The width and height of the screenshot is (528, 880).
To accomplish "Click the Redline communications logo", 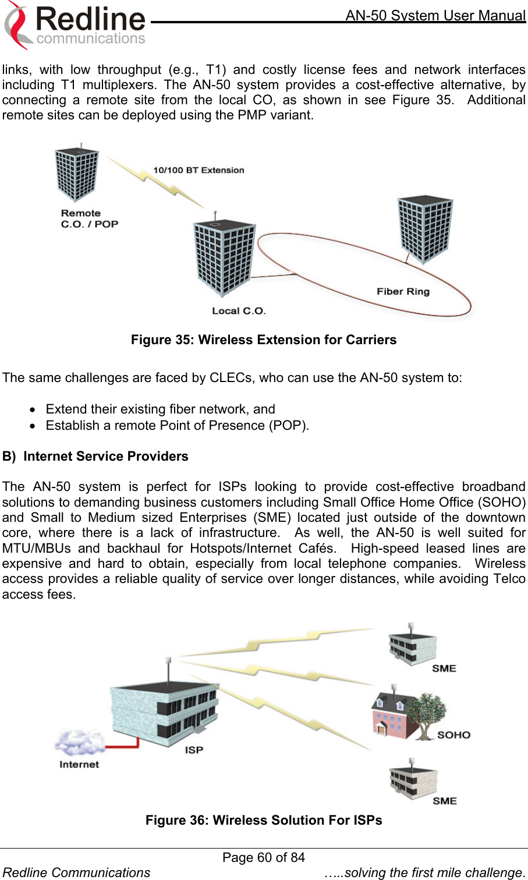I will click(x=76, y=24).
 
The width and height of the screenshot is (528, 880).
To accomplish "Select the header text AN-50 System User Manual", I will click(x=435, y=15).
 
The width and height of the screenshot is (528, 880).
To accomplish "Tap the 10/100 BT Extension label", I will click(x=199, y=170).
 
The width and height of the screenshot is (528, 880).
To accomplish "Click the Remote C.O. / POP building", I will click(x=76, y=174).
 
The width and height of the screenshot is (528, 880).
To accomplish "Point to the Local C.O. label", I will click(x=239, y=311).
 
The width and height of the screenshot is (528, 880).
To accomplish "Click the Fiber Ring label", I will click(x=403, y=291).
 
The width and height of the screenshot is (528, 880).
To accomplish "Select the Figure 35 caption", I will click(x=264, y=340).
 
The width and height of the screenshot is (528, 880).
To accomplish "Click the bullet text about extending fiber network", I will click(x=160, y=409).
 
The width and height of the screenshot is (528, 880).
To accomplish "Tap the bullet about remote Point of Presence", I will click(x=177, y=425).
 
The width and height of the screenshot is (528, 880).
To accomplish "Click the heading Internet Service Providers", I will click(x=105, y=456).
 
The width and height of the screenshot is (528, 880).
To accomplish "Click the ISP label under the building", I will click(x=194, y=750).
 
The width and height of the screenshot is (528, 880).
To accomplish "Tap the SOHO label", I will click(x=453, y=735).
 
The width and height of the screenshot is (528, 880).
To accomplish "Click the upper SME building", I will click(x=412, y=646).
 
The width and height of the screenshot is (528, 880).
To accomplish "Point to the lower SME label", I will click(x=445, y=801).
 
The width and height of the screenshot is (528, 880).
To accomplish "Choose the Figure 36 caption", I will click(x=264, y=820).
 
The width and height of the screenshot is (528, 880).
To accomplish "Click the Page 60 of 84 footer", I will click(x=264, y=857).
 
